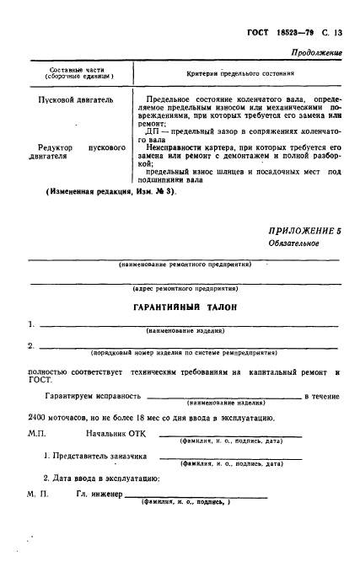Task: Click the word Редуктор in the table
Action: coord(50,147)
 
